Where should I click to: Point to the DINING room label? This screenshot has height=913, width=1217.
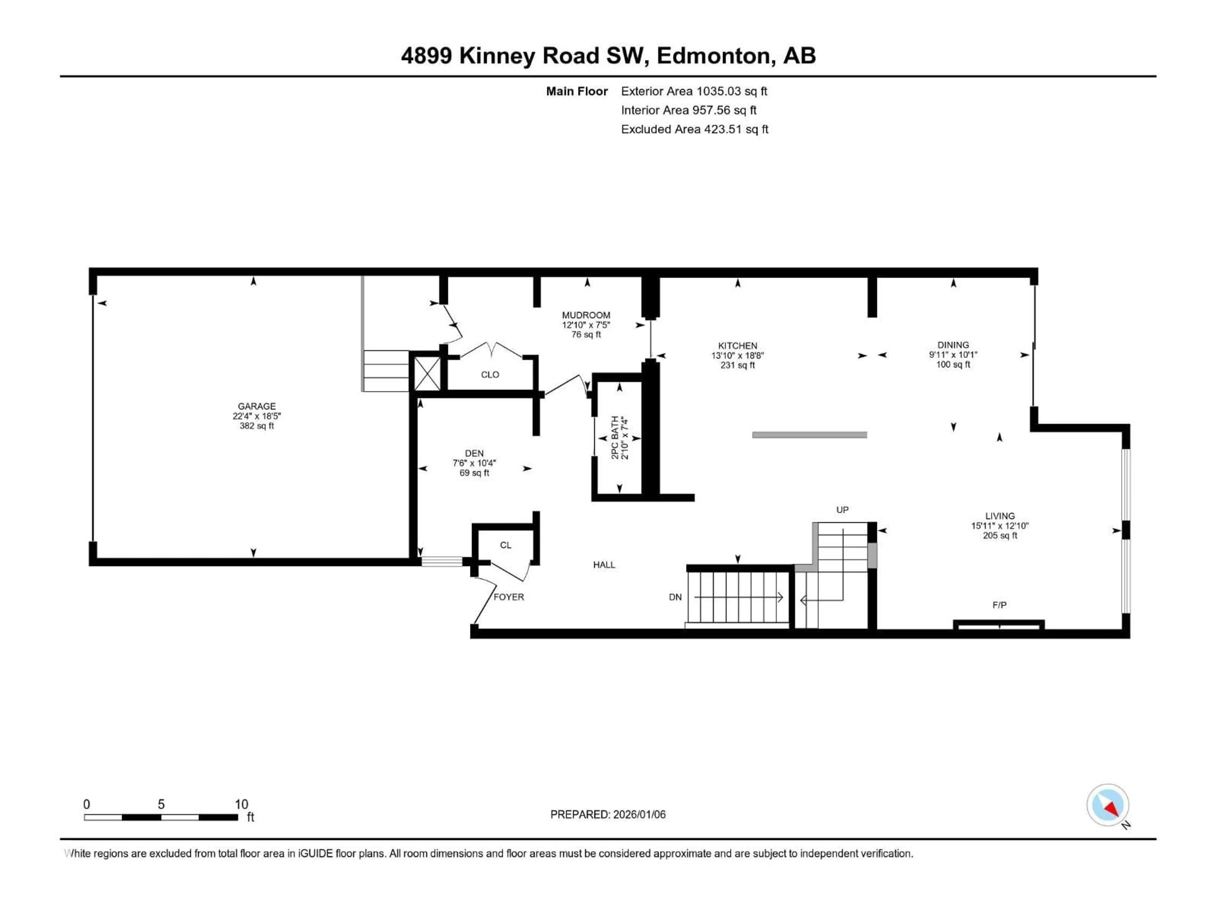(x=953, y=345)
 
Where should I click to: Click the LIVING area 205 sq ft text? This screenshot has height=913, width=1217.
(x=1000, y=535)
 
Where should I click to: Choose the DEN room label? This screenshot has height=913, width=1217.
(x=474, y=453)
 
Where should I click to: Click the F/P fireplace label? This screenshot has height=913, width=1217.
(x=999, y=605)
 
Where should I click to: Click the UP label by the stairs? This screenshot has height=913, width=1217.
(x=842, y=510)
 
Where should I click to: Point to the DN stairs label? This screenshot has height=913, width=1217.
(x=675, y=597)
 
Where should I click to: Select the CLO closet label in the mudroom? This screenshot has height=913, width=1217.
(x=490, y=375)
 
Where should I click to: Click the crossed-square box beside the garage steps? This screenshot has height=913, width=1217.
(x=427, y=374)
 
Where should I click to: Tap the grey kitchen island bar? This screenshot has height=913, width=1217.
(x=809, y=435)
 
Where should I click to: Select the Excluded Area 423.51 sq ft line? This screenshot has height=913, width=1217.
(x=694, y=129)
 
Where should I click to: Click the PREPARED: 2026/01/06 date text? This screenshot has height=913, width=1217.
(x=608, y=814)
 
